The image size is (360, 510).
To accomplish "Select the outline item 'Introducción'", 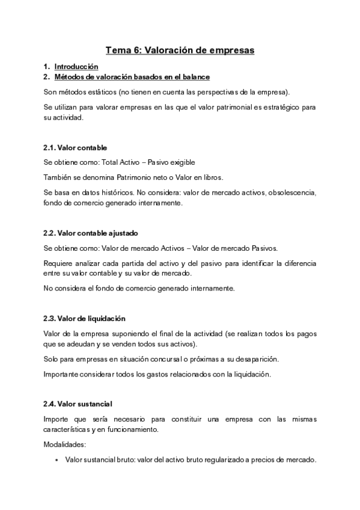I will point(76,66).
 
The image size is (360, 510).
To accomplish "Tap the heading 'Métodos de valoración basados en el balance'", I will point(132,77).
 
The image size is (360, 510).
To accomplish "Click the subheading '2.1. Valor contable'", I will point(75,147).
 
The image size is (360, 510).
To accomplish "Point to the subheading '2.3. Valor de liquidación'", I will point(85,318).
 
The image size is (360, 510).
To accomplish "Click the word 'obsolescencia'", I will point(289,192).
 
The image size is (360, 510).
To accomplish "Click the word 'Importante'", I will point(63,374).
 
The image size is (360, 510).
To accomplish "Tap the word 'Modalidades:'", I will point(65,444).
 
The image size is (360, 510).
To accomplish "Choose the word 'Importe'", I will point(56,419).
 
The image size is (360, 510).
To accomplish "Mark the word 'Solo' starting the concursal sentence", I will point(52,359).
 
